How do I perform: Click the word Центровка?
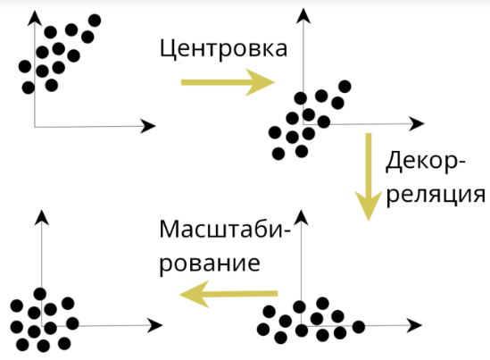click(x=223, y=49)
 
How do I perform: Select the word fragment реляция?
click(x=436, y=195)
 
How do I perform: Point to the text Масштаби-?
click(x=225, y=230)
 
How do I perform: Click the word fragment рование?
click(x=210, y=264)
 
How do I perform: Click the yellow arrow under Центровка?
click(x=228, y=82)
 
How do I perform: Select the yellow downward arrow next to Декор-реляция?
click(x=369, y=177)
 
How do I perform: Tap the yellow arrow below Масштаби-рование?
click(x=228, y=294)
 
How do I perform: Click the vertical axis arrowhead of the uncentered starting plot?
click(x=35, y=18)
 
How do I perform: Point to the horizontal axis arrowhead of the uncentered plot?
click(x=148, y=126)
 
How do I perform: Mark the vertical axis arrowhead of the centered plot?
click(x=303, y=16)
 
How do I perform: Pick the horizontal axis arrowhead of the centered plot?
click(x=416, y=124)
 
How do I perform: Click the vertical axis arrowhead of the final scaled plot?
click(x=42, y=217)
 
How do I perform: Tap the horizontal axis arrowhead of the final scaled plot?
click(x=154, y=325)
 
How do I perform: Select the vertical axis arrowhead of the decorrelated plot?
click(x=302, y=217)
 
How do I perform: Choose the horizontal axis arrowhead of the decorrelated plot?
click(x=414, y=325)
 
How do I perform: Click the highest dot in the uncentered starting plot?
click(x=95, y=21)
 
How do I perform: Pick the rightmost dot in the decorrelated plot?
click(x=359, y=327)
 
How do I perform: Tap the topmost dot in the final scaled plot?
click(x=40, y=294)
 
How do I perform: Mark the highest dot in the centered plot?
click(x=345, y=87)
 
